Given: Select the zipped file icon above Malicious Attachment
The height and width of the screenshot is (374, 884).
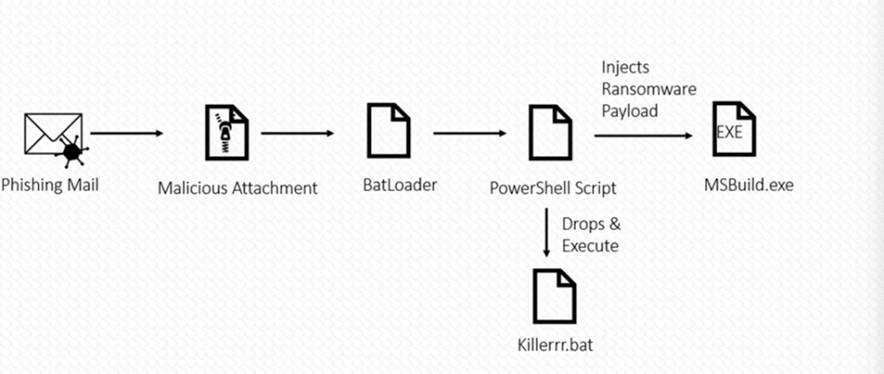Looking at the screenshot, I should pyautogui.click(x=225, y=132).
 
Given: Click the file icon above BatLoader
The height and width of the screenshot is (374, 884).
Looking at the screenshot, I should pyautogui.click(x=388, y=130).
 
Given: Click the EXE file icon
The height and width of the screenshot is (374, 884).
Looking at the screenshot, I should pyautogui.click(x=734, y=130).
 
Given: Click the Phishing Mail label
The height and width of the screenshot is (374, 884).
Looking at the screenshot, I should pyautogui.click(x=50, y=184).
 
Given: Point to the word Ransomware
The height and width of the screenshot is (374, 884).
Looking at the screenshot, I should pyautogui.click(x=648, y=89).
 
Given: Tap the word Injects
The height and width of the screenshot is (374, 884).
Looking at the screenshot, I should pyautogui.click(x=625, y=67).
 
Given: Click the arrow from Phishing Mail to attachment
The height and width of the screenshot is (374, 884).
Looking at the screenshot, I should pyautogui.click(x=127, y=134).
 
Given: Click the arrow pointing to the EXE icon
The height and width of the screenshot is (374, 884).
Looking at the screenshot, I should pyautogui.click(x=643, y=135).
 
